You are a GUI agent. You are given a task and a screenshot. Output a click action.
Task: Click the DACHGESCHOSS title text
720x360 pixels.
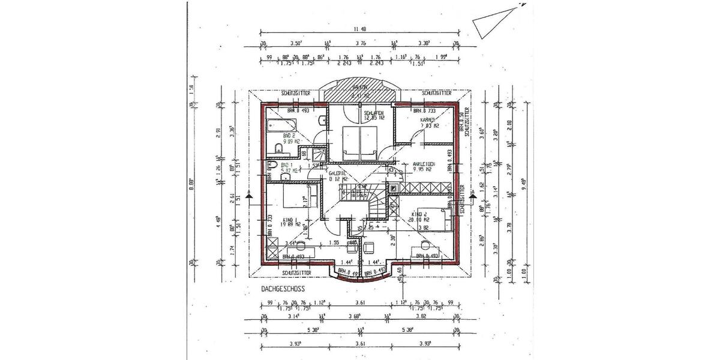click(x=283, y=289)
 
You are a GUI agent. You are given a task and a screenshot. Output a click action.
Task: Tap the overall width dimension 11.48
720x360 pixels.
click(x=360, y=29)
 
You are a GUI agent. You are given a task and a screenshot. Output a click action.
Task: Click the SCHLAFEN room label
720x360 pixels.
click(x=374, y=112)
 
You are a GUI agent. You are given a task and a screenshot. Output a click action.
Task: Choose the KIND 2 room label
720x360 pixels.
click(x=420, y=214)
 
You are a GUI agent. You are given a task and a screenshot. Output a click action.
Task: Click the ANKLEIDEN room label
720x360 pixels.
click(x=422, y=164)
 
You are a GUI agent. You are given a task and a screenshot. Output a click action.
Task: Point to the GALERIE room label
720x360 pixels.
click(x=338, y=172)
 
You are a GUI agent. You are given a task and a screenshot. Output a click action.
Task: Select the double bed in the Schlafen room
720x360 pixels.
click(x=359, y=142)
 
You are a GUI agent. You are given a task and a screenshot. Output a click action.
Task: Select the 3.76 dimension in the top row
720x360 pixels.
click(x=361, y=44)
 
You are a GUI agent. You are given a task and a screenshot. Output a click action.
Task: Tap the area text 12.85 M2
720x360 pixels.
click(x=374, y=118)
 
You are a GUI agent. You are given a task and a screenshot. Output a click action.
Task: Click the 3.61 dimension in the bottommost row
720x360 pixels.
click(x=359, y=344)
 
